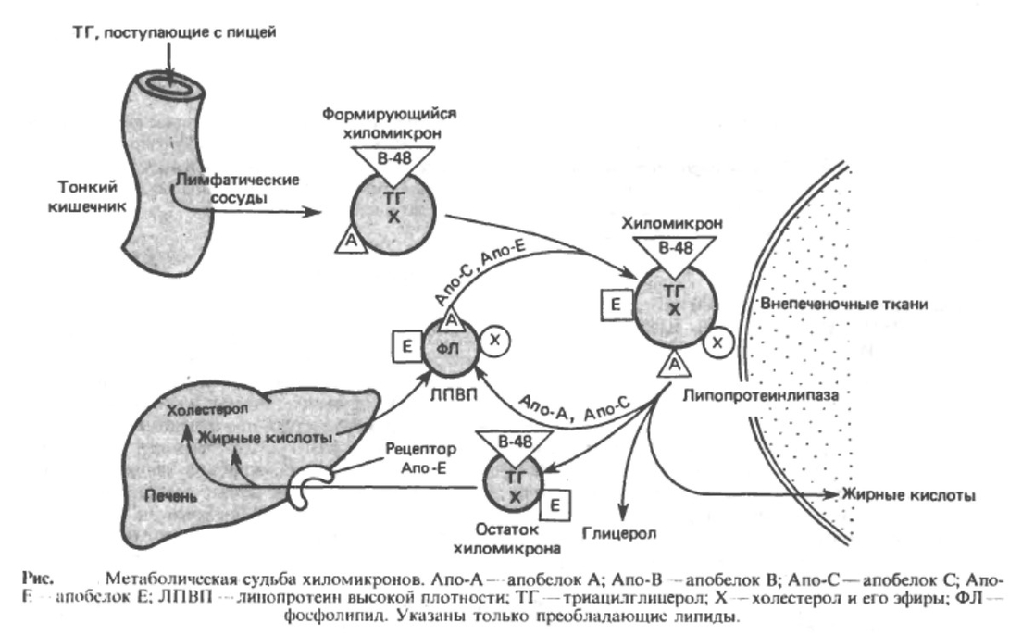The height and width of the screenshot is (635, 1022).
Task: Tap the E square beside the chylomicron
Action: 613,304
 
